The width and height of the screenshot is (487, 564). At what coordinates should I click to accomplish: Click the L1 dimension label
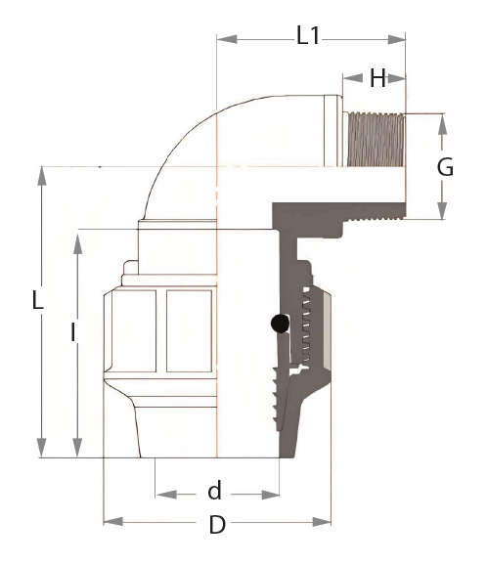(x=308, y=35)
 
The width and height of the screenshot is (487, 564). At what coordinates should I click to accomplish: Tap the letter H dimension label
(x=377, y=77)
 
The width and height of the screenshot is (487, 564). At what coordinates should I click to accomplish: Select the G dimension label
(x=445, y=167)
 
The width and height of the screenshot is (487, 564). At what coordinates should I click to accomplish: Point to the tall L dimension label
(x=37, y=300)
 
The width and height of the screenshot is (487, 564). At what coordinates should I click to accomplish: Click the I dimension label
(x=73, y=332)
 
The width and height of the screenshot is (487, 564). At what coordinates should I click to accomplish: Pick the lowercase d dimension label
(x=214, y=490)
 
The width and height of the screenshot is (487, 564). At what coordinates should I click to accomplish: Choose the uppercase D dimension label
(x=217, y=525)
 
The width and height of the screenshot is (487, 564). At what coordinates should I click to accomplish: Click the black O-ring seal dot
(x=280, y=324)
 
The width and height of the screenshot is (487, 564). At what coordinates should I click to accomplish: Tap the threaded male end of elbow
(x=375, y=140)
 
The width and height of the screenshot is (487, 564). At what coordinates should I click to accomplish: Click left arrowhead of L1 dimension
(x=227, y=39)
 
